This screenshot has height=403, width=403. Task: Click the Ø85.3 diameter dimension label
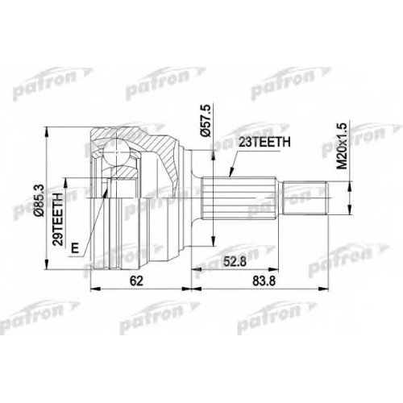[39, 201]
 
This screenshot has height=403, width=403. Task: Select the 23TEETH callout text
[264, 143]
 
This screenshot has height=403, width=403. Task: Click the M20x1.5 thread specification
[343, 146]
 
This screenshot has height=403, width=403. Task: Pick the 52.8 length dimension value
[235, 261]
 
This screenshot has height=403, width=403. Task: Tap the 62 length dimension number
[136, 281]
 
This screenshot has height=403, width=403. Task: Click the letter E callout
[75, 247]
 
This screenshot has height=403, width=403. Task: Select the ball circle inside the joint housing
[116, 152]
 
